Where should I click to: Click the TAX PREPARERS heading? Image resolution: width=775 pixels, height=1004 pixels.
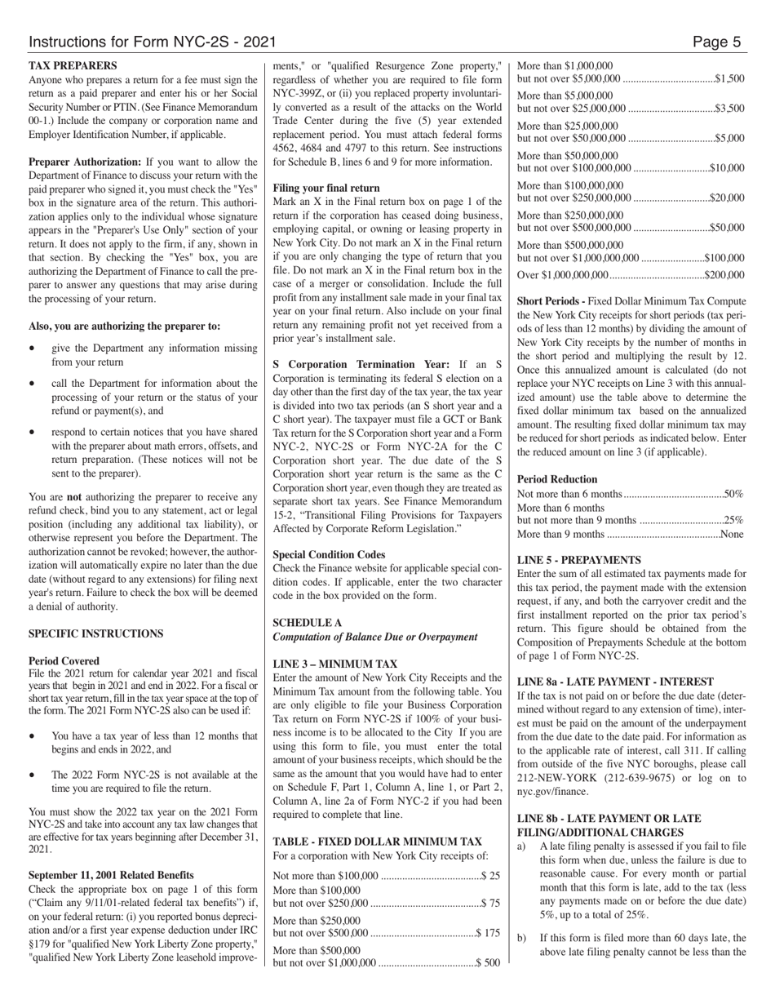click(x=72, y=65)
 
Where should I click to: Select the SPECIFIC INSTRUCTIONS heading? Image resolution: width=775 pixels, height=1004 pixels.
click(x=95, y=633)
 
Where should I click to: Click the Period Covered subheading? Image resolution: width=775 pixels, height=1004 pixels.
click(x=64, y=661)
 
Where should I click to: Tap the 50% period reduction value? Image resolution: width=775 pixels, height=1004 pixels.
click(x=734, y=494)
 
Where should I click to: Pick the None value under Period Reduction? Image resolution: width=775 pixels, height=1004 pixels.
click(x=732, y=534)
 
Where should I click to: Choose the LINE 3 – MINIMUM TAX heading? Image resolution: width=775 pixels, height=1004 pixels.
click(x=335, y=664)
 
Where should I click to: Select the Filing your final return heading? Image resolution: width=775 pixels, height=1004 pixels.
click(x=326, y=188)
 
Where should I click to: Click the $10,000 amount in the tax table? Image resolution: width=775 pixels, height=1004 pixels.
click(x=727, y=168)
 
